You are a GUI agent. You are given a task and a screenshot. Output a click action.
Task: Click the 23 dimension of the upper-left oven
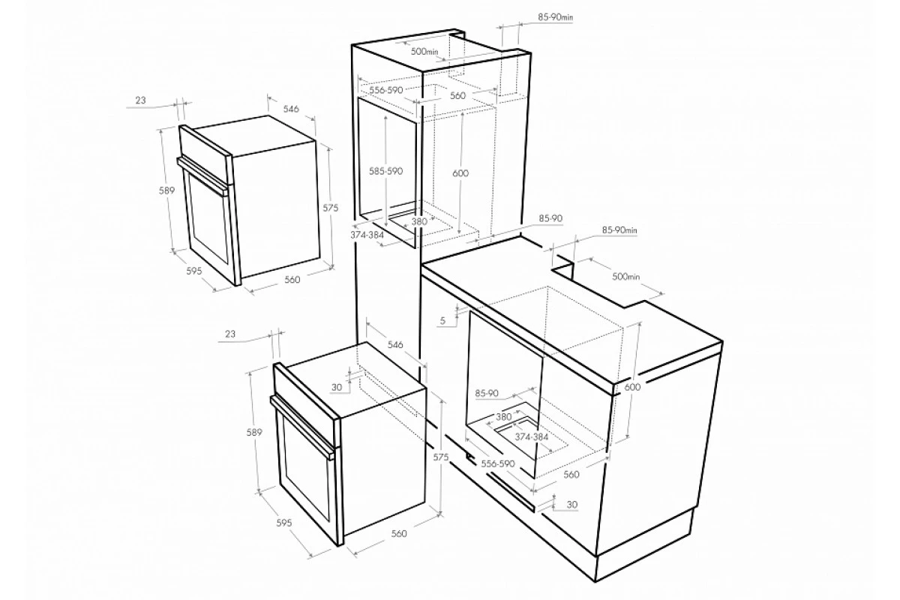[140, 100]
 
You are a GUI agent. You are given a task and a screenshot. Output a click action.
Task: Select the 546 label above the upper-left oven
[291, 109]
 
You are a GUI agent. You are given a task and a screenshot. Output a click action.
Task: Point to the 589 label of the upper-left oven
[166, 190]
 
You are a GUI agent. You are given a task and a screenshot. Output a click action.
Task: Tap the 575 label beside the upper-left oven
[330, 208]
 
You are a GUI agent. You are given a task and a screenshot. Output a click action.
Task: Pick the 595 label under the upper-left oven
[193, 271]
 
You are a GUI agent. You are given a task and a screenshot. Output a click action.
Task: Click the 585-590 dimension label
[385, 171]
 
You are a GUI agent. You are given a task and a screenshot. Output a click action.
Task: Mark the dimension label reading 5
[442, 321]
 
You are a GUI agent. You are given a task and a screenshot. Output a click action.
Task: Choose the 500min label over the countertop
[625, 277]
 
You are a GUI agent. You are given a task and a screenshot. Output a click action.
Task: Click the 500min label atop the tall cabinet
[424, 52]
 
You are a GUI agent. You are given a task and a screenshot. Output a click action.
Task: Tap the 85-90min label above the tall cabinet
[555, 17]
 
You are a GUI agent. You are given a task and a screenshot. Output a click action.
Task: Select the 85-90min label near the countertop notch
[619, 230]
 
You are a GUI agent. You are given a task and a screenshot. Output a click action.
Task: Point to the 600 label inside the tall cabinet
[460, 173]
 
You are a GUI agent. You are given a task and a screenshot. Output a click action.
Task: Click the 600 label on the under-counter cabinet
[632, 387]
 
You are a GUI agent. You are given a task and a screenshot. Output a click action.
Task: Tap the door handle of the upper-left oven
[203, 175]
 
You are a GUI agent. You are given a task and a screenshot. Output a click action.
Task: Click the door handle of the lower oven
[302, 427]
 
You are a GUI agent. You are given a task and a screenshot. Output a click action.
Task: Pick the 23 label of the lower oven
[230, 334]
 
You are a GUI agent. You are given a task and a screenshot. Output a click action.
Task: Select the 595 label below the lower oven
[284, 523]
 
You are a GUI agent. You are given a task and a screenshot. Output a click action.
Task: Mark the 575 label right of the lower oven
[441, 457]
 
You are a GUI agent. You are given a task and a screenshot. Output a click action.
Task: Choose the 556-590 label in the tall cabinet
[386, 90]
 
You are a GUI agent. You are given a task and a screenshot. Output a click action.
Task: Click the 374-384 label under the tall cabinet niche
[367, 235]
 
